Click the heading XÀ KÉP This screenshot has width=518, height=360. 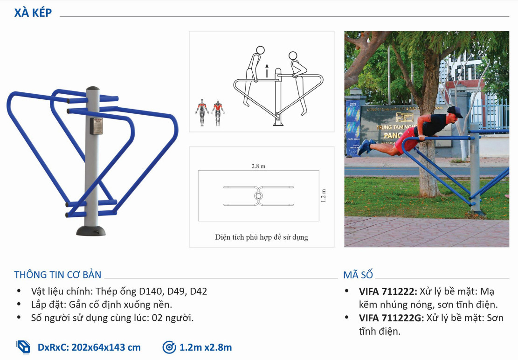click(x=33, y=13)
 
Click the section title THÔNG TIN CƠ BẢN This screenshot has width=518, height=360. click(x=57, y=275)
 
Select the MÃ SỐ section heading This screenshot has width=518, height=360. click(x=358, y=275)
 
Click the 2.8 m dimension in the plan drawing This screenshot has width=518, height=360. click(x=258, y=166)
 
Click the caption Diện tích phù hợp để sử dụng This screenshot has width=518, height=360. click(x=261, y=237)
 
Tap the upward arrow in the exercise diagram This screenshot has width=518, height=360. click(x=267, y=70)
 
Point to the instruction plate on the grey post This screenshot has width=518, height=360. click(x=97, y=126)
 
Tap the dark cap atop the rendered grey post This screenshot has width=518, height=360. click(x=93, y=88)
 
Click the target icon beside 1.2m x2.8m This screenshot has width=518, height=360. click(x=169, y=347)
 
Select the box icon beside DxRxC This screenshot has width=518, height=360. click(x=23, y=347)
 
